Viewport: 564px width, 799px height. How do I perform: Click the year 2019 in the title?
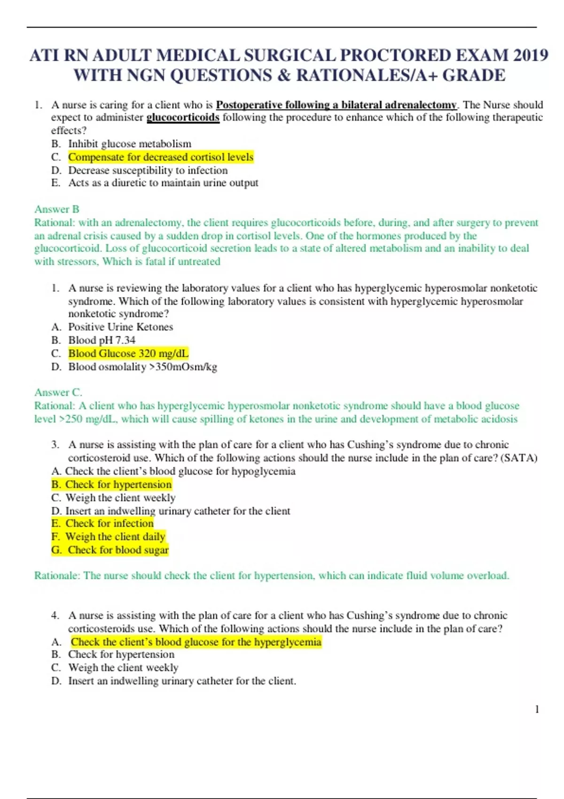530,55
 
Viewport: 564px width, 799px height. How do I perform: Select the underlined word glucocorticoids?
183,117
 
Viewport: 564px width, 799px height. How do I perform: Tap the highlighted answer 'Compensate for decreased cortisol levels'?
161,157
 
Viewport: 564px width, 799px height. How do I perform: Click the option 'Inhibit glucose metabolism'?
130,144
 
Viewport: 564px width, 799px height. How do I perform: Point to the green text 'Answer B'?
56,209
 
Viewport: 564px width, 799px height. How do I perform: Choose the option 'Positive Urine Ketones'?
120,327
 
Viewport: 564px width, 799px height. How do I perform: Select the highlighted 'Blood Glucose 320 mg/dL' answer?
128,353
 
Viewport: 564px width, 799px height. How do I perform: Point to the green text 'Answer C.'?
58,392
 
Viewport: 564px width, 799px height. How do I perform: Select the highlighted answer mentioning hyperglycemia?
196,642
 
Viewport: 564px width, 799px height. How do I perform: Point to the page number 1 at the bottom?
537,710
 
